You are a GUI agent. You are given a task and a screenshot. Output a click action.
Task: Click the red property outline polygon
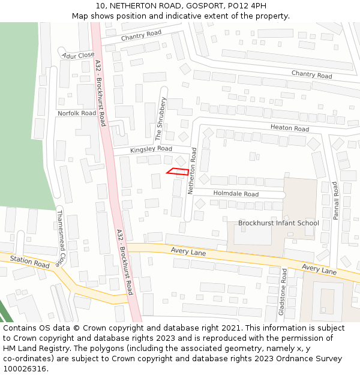[178, 172]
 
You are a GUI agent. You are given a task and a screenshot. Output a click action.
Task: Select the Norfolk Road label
[76, 113]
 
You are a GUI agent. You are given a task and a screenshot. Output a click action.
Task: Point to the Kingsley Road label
[151, 148]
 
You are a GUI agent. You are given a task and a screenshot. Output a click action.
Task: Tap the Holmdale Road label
[236, 194]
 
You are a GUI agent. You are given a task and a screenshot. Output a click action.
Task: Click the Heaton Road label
[289, 128]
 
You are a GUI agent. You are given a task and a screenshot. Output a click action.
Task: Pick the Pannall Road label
[336, 201]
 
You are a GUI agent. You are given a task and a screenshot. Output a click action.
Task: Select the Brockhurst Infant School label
[278, 223]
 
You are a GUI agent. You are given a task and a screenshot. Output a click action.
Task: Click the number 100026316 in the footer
[25, 369]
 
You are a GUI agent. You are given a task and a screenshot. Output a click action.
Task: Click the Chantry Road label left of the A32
[142, 36]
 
